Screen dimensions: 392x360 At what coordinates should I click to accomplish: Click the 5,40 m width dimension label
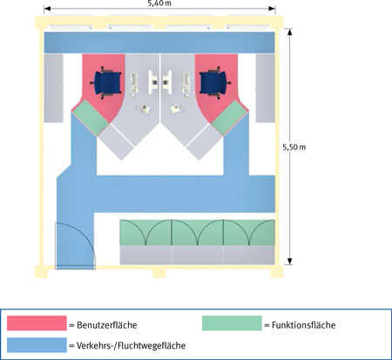(x=159, y=3)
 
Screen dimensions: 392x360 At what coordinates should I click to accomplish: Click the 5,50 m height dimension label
(x=294, y=147)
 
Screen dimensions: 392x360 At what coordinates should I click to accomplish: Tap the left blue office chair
(x=107, y=83)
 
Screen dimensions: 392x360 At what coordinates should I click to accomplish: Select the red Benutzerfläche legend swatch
(x=37, y=323)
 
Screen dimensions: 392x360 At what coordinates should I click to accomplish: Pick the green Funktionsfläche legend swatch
(x=232, y=323)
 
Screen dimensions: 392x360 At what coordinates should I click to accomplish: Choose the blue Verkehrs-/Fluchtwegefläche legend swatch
(x=37, y=345)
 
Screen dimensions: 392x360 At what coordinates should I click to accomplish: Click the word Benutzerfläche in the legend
(x=107, y=325)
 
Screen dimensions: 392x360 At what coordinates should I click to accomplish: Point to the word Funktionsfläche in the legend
(x=303, y=325)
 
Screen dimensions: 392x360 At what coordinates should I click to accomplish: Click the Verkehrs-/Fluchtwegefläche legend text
(x=131, y=345)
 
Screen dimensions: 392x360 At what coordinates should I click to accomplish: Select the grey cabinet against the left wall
(x=53, y=88)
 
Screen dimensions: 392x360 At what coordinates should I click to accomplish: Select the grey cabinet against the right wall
(x=265, y=88)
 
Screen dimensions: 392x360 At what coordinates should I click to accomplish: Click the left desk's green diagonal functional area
(x=91, y=118)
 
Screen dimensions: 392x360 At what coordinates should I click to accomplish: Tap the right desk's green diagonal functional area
(x=230, y=118)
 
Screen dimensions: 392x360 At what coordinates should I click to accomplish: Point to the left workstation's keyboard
(x=134, y=85)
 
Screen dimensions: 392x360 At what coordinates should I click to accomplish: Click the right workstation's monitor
(x=167, y=82)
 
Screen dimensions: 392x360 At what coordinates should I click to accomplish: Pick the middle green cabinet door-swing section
(x=198, y=233)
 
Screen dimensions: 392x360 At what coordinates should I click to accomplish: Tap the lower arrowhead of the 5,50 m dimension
(x=289, y=261)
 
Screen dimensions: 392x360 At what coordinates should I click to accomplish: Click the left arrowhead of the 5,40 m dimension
(x=47, y=9)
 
